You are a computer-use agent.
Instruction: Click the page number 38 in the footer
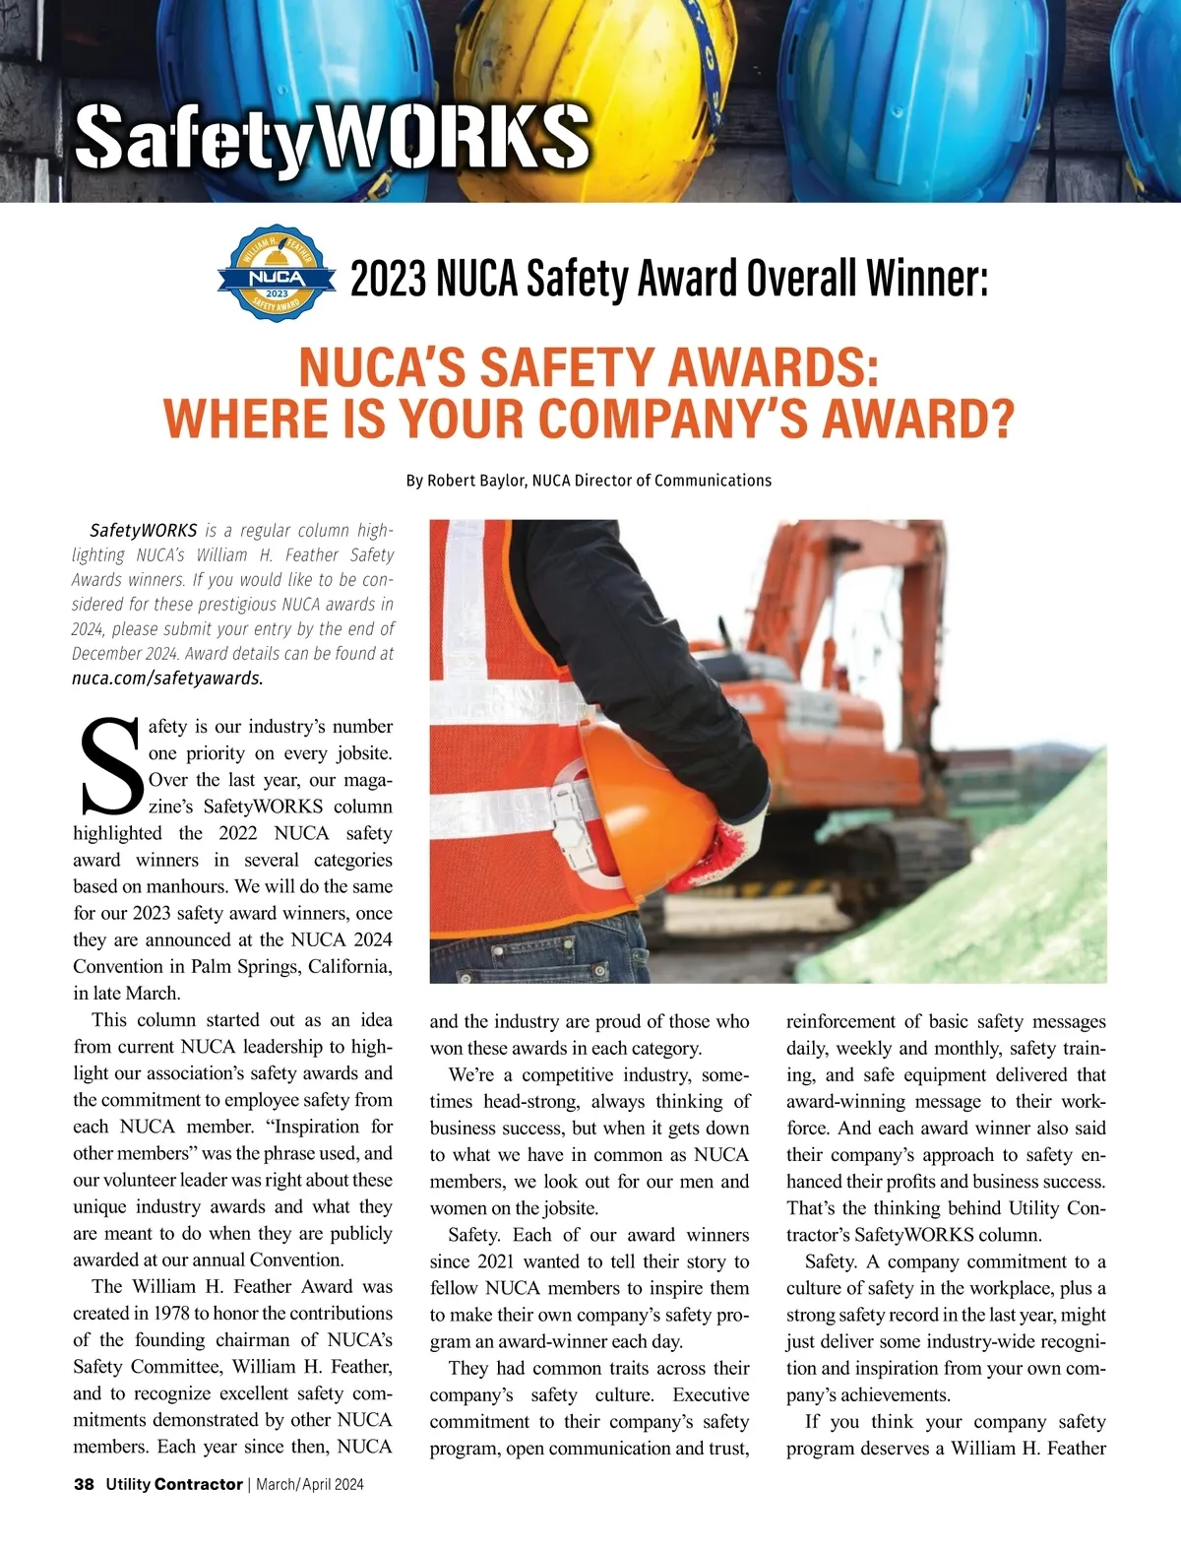coord(84,1484)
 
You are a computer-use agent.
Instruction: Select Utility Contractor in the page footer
coord(174,1484)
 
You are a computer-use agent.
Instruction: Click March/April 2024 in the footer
coord(310,1484)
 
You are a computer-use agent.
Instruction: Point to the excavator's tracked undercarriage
coord(915,857)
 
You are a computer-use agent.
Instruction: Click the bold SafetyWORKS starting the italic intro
coord(144,531)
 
